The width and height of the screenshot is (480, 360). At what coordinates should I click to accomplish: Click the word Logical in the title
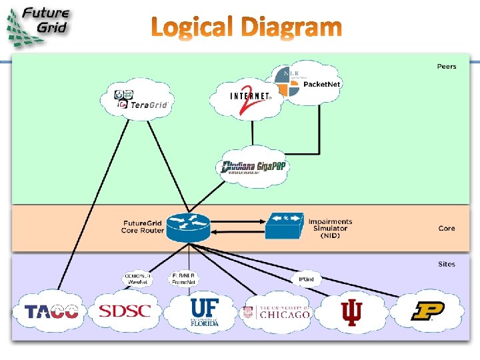192,28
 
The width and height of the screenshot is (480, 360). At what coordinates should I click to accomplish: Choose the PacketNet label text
322,84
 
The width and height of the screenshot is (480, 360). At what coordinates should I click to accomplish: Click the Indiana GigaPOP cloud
253,167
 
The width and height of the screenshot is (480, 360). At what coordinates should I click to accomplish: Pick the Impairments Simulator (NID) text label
330,228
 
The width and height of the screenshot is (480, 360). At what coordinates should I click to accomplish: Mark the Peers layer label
447,66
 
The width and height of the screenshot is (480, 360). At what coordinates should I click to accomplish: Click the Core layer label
447,228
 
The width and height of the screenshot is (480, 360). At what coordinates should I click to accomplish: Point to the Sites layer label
447,264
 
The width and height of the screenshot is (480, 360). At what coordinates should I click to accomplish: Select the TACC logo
51,311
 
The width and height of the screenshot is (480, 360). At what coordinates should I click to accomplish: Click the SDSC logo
125,311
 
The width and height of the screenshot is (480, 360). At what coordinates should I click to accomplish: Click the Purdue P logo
427,311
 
